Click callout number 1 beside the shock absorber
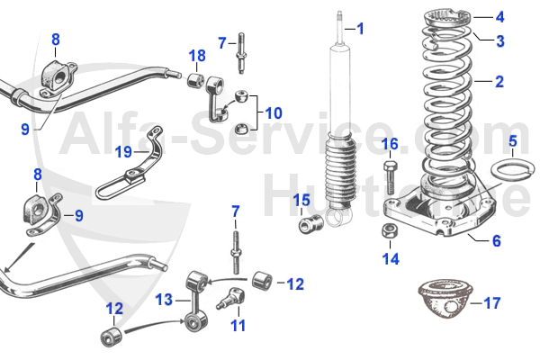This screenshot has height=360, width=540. pyautogui.click(x=360, y=29)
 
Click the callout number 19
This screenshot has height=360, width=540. pyautogui.click(x=123, y=151)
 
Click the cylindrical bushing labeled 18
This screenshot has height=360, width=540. pyautogui.click(x=193, y=84)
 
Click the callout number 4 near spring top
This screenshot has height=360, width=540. pyautogui.click(x=499, y=16)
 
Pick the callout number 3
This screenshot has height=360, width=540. pyautogui.click(x=499, y=40)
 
